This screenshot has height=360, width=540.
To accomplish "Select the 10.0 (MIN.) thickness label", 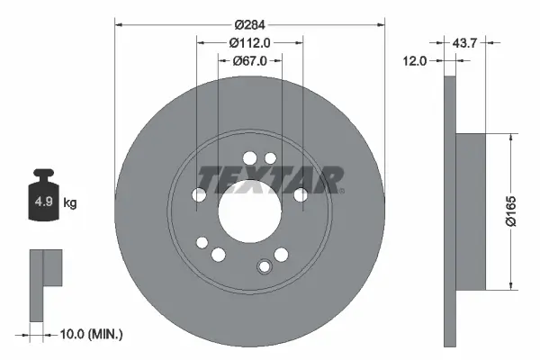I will [x=90, y=335].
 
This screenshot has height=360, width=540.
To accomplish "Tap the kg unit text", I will [x=70, y=202].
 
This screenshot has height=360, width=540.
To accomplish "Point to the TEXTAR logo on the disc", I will [x=271, y=179].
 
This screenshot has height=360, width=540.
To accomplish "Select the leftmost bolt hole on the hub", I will [x=199, y=194].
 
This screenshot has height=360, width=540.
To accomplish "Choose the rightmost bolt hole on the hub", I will [x=301, y=194].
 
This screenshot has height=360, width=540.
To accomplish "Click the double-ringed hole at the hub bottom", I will [x=264, y=266].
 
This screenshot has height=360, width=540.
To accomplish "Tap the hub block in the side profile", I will [x=471, y=212].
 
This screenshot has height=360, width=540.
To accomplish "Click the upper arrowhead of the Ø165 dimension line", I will [x=513, y=138].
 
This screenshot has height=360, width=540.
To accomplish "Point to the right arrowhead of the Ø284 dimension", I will [x=382, y=25].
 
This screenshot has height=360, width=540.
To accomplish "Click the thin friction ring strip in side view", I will [x=451, y=212].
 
